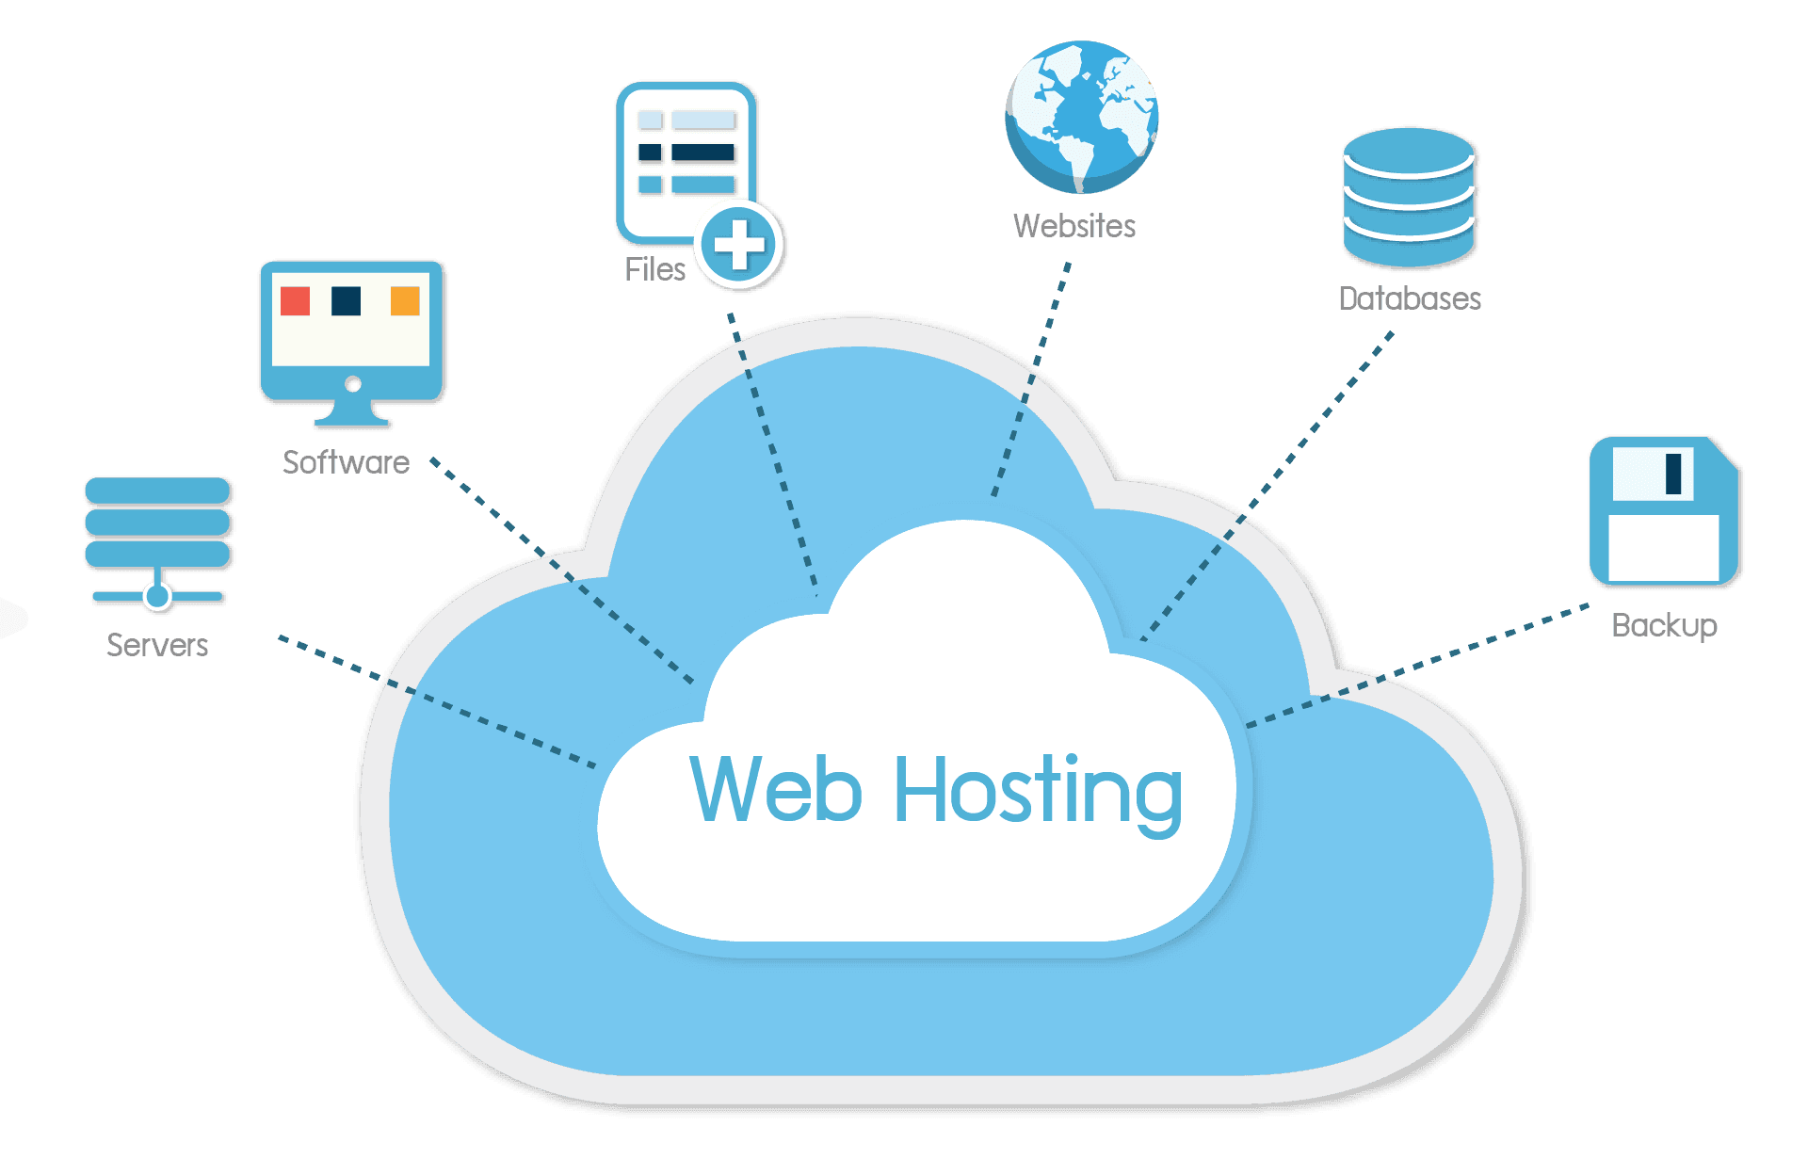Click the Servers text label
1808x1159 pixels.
pos(157,645)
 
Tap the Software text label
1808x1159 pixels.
pos(346,461)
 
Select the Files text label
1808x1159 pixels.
pos(654,269)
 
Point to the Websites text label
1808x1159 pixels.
pos(1074,226)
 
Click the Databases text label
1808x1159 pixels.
pos(1410,298)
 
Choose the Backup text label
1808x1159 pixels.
pos(1664,625)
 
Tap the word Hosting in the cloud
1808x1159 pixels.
pos(1037,791)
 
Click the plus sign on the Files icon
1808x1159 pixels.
pos(739,245)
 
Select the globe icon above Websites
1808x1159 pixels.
pos(1081,115)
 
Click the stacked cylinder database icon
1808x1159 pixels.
pos(1409,197)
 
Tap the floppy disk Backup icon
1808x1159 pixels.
pos(1664,511)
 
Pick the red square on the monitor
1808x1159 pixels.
pos(296,301)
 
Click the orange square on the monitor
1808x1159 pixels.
pos(405,301)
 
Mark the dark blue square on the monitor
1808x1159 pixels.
pos(347,301)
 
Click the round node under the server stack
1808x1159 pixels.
pos(157,595)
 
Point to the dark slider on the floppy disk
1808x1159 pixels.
pos(1673,474)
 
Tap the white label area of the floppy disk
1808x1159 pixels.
pos(1663,548)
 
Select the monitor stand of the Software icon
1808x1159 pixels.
pos(352,414)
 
